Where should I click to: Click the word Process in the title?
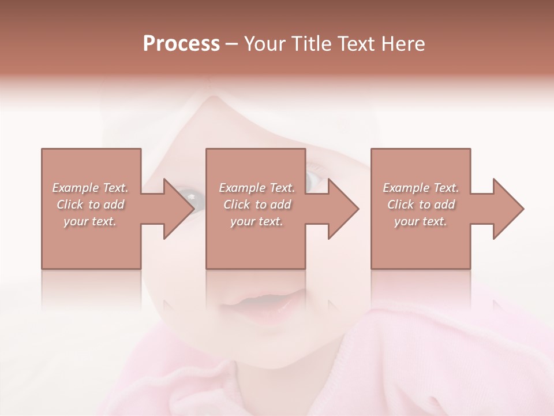pyautogui.click(x=181, y=44)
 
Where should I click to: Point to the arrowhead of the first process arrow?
pyautogui.click(x=178, y=209)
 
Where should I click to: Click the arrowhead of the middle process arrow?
pyautogui.click(x=343, y=209)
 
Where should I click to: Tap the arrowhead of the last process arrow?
pyautogui.click(x=508, y=209)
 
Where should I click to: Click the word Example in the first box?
pyautogui.click(x=75, y=188)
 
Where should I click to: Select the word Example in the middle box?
pyautogui.click(x=242, y=188)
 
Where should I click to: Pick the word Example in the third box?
pyautogui.click(x=406, y=188)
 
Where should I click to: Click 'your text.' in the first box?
pyautogui.click(x=90, y=221)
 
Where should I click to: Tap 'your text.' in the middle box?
pyautogui.click(x=256, y=221)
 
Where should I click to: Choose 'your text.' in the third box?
pyautogui.click(x=421, y=221)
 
